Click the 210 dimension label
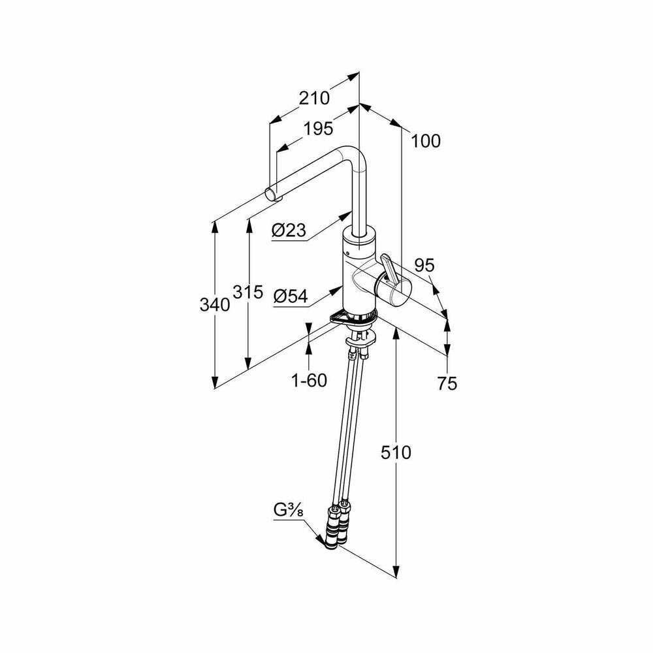point(315,99)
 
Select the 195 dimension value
point(318,129)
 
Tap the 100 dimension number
point(426,141)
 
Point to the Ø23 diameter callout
point(289,230)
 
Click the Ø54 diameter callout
point(291,296)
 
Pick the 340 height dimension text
point(215,305)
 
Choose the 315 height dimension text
point(247,292)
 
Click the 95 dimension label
point(425,265)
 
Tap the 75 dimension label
point(447,383)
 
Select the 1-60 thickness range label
point(309,380)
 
